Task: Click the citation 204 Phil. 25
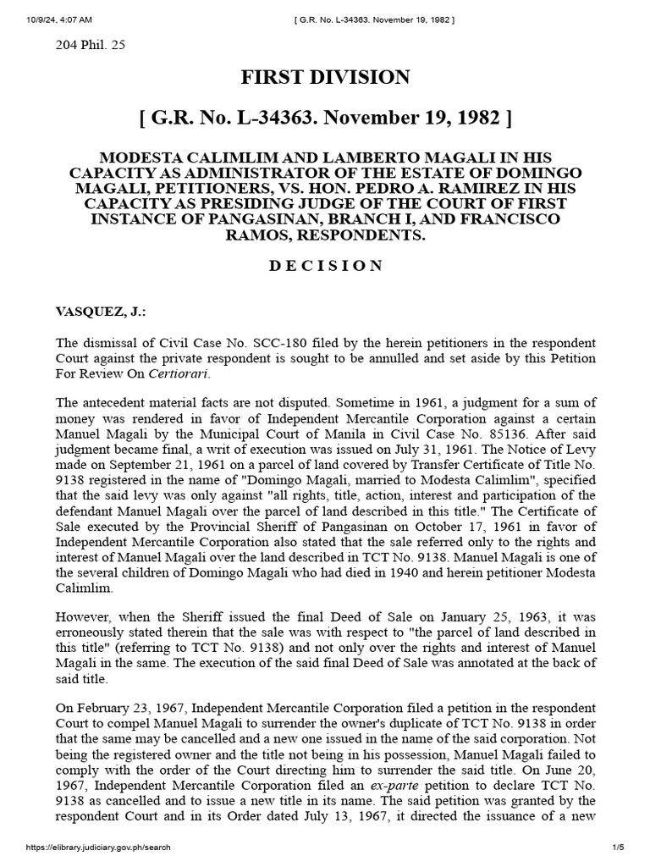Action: pos(90,46)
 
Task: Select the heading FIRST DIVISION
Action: pos(325,78)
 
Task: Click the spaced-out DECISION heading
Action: pos(325,266)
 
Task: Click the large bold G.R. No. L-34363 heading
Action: pos(325,119)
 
